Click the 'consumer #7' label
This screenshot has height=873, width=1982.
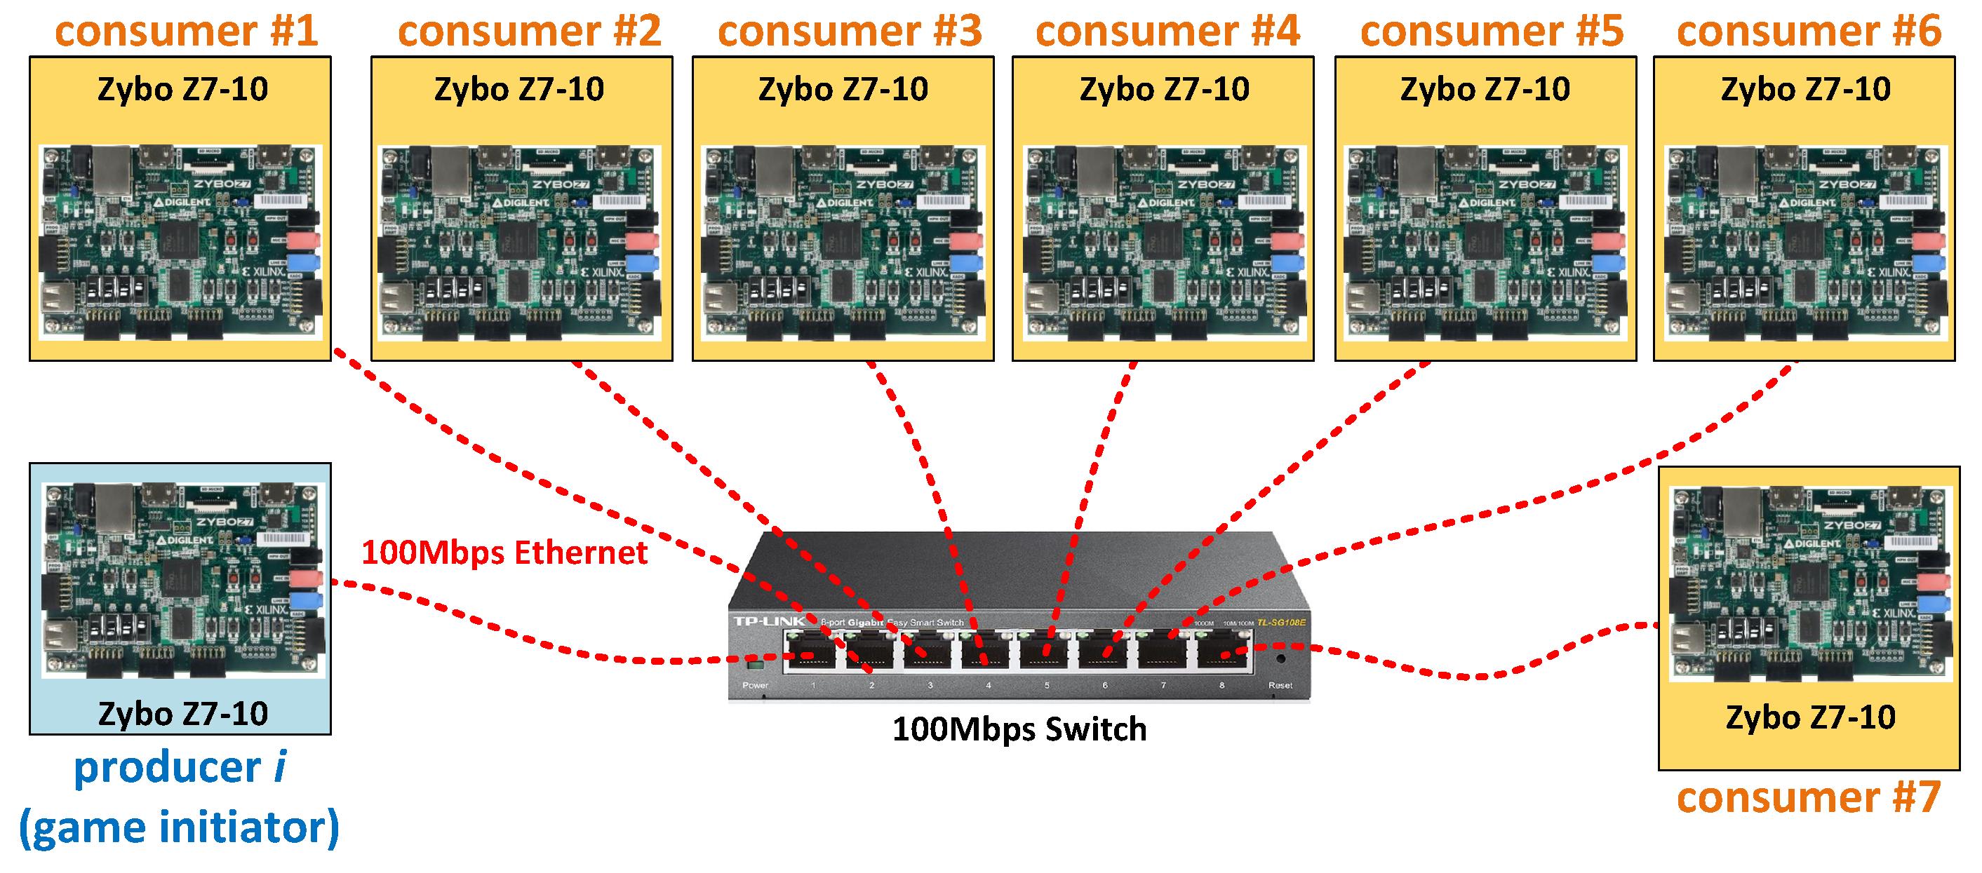tap(1809, 798)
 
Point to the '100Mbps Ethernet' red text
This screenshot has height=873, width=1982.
tap(504, 553)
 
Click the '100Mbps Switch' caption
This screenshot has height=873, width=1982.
tap(1019, 729)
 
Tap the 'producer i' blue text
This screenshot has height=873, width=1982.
tap(180, 768)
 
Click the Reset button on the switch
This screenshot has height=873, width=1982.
tap(1280, 660)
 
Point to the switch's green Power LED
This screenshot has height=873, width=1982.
tap(755, 665)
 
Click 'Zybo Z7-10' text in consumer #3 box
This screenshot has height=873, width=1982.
tap(843, 89)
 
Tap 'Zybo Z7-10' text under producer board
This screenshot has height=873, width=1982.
tap(183, 714)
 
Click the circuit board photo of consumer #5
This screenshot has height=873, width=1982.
tap(1485, 243)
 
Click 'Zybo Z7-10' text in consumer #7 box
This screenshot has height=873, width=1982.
tap(1810, 717)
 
